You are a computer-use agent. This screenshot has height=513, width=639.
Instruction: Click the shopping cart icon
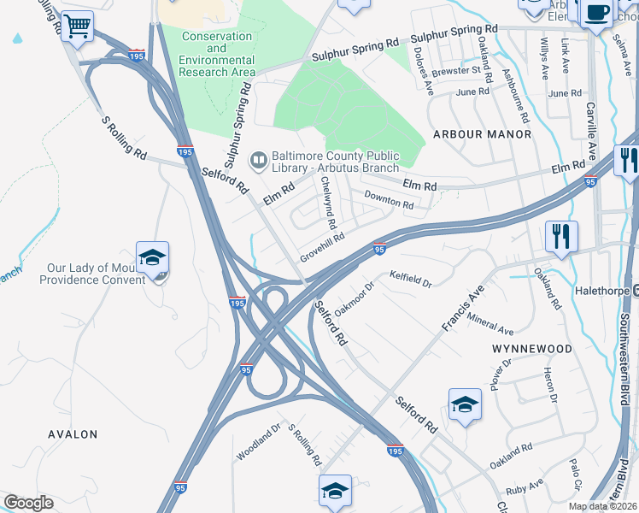[77, 26]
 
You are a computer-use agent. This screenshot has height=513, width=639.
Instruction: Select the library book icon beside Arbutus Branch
[258, 160]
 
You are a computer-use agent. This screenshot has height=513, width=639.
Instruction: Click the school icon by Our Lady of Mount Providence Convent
[152, 258]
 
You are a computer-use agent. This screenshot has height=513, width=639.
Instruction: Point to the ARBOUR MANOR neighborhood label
[482, 134]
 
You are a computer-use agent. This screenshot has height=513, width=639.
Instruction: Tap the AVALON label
[73, 434]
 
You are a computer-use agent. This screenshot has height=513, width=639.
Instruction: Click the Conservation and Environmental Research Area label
[217, 54]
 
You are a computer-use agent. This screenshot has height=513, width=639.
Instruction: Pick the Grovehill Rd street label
[322, 249]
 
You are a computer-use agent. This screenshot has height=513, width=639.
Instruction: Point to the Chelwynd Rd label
[328, 203]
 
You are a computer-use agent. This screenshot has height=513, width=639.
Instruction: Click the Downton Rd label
[389, 199]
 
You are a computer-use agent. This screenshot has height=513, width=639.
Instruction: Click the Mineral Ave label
[490, 324]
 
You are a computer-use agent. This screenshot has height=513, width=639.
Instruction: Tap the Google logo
[28, 503]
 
